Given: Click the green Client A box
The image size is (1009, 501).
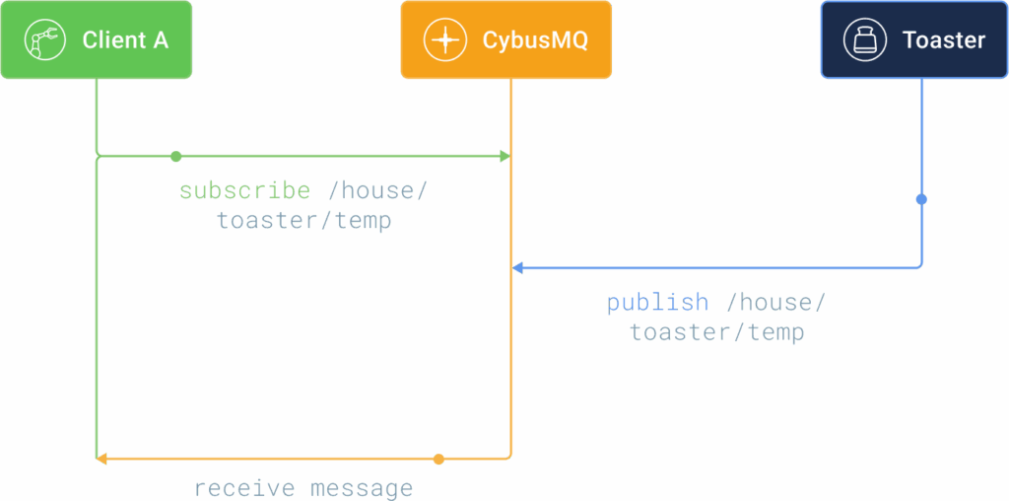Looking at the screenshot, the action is pos(96,39).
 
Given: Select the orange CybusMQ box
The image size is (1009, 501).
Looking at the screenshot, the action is pos(505,39).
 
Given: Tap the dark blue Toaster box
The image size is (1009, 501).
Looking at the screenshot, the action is pos(914,39).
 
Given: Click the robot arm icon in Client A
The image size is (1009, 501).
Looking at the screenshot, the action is pos(44,39).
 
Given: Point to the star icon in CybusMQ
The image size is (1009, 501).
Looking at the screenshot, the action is pos(444,39).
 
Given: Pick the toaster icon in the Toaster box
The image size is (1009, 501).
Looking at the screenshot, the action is pos(865,39).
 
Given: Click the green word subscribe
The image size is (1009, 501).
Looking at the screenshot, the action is pos(244,191).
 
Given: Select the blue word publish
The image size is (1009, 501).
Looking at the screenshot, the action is pos(657,303).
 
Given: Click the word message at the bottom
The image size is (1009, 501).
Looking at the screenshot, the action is pos(362,489).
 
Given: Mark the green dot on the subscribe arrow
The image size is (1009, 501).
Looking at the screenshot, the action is pos(175,157).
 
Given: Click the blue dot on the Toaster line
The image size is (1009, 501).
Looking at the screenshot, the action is pos(921,199).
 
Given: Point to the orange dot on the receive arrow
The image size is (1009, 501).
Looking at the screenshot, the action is pos(438,460).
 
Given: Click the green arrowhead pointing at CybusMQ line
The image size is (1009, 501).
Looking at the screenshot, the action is pos(505,157).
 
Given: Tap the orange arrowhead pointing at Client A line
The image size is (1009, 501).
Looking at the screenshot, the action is pos(101,460).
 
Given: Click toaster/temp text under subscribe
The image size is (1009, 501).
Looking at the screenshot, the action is pos(303,221).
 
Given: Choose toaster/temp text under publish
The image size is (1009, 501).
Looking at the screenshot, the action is pos(716,332).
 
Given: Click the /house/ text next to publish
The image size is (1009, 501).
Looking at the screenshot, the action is pos(774,303).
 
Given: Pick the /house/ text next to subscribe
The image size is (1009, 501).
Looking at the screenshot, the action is pos(377,191).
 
